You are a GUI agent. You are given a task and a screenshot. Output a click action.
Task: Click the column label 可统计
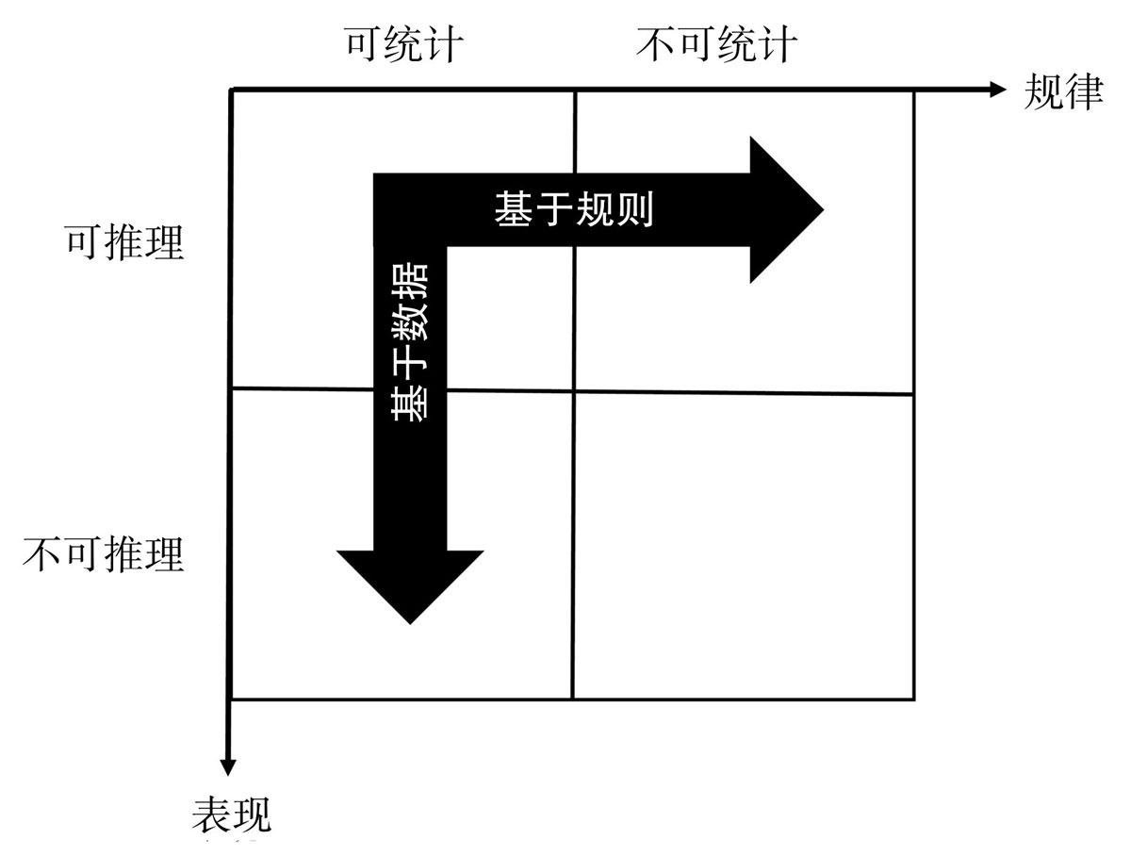[x=403, y=44]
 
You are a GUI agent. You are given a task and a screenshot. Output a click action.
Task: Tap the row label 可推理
[x=123, y=242]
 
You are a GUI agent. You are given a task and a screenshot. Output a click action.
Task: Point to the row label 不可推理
[x=104, y=554]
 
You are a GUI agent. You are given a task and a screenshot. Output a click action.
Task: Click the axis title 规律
[x=1063, y=92]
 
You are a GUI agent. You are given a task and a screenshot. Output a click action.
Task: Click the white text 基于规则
[x=573, y=210]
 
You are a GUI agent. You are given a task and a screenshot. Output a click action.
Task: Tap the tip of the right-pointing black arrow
[x=822, y=209]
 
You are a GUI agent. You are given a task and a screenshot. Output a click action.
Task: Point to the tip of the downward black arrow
[x=410, y=622]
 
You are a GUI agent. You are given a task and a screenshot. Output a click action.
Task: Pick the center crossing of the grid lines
[x=573, y=390]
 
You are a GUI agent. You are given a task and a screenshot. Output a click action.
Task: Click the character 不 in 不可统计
[x=656, y=44]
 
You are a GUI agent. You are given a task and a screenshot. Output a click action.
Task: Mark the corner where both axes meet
[x=231, y=90]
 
